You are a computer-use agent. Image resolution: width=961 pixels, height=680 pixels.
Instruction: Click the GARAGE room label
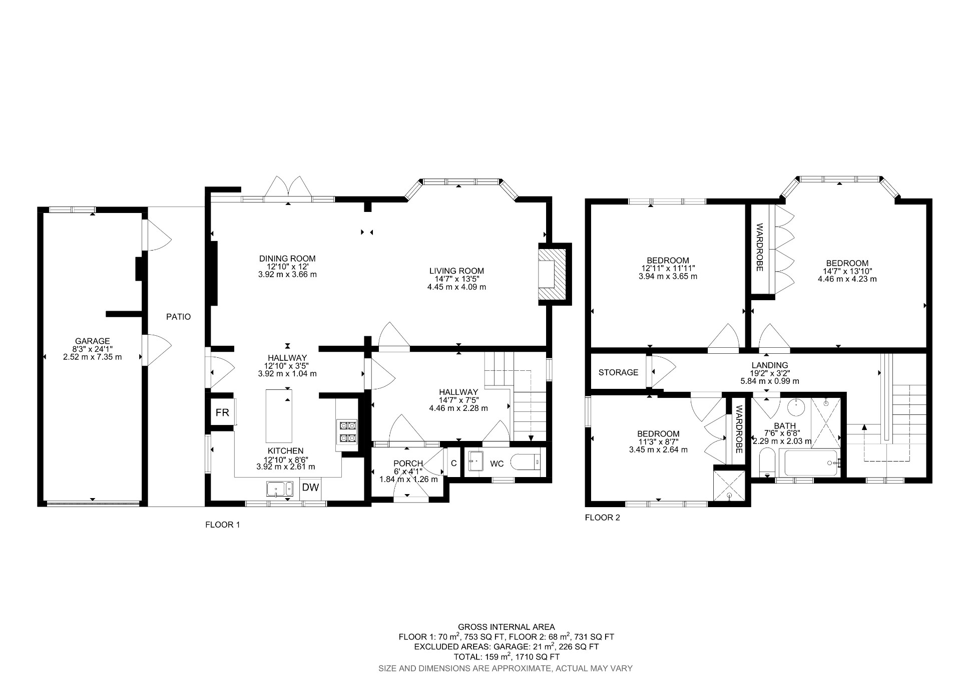click(93, 341)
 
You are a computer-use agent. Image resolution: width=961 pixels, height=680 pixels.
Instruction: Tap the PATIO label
click(179, 317)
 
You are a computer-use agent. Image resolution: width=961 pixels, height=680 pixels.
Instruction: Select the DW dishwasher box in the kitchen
click(310, 487)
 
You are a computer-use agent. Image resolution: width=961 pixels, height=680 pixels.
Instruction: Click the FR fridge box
click(222, 412)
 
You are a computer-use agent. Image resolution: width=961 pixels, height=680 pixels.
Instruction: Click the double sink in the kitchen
click(280, 489)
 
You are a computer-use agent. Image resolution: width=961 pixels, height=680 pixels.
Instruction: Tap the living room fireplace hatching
click(554, 274)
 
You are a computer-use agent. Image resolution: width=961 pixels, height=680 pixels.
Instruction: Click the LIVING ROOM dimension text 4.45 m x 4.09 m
click(456, 287)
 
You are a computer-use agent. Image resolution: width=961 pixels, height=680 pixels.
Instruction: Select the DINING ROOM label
click(287, 259)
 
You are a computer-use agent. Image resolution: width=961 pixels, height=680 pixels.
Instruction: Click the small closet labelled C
click(453, 464)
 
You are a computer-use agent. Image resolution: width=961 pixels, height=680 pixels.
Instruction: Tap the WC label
click(497, 464)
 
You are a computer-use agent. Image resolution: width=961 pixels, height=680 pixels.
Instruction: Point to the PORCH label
click(408, 463)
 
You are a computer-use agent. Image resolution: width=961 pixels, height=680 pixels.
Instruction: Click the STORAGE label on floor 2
click(619, 372)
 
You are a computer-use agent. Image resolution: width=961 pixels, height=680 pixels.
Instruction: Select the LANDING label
click(769, 365)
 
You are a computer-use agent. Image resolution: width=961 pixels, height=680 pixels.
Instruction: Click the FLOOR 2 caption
click(602, 518)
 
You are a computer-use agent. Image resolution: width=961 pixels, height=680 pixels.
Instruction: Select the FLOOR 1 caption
click(223, 525)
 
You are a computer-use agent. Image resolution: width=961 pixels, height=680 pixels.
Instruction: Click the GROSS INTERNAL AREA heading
click(506, 627)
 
